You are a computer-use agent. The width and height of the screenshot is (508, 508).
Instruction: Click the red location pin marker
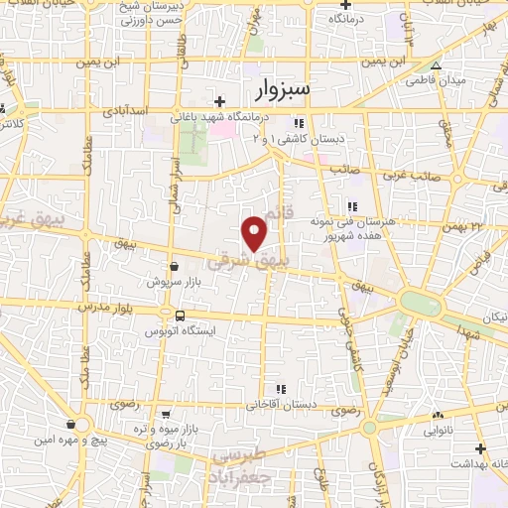click(x=255, y=232)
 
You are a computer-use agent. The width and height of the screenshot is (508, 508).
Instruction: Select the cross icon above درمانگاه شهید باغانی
click(x=219, y=101)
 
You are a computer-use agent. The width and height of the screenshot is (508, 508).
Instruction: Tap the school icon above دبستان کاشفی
click(x=298, y=123)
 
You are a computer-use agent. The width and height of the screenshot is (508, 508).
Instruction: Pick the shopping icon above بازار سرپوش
click(x=175, y=266)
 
